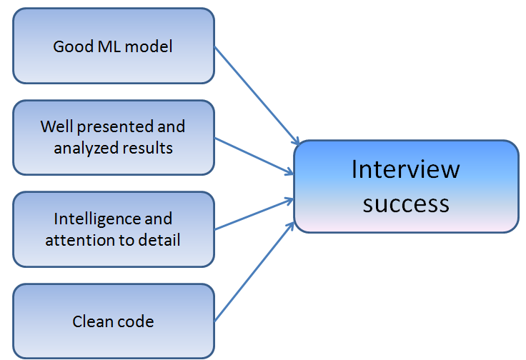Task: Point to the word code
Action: [135, 321]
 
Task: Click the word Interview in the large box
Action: [405, 169]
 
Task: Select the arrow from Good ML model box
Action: [256, 96]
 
